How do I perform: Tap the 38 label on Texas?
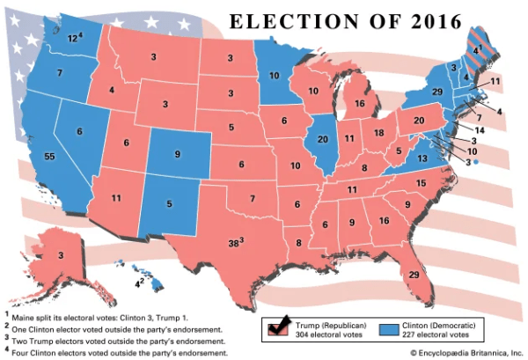(234, 241)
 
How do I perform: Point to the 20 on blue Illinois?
(322, 138)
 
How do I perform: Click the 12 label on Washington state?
(73, 39)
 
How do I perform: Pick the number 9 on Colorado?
(178, 154)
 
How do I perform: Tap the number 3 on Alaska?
(61, 255)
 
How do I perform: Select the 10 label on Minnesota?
(275, 75)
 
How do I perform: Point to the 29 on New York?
(436, 92)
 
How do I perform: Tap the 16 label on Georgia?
(384, 220)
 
